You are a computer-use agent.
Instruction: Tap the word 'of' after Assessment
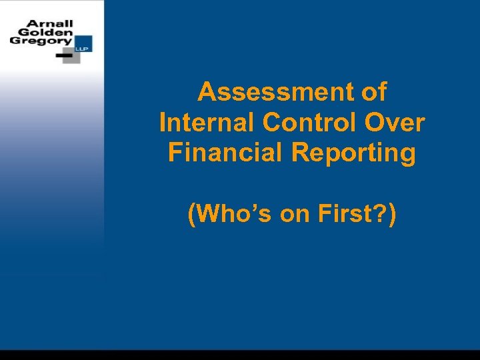tap(373, 92)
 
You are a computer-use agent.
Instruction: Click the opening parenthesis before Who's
tap(193, 215)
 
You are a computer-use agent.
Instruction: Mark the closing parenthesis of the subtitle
tap(393, 215)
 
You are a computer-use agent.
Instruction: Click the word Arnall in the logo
tap(49, 23)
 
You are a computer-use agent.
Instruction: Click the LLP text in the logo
tap(86, 48)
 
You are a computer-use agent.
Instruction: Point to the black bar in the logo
tap(65, 56)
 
